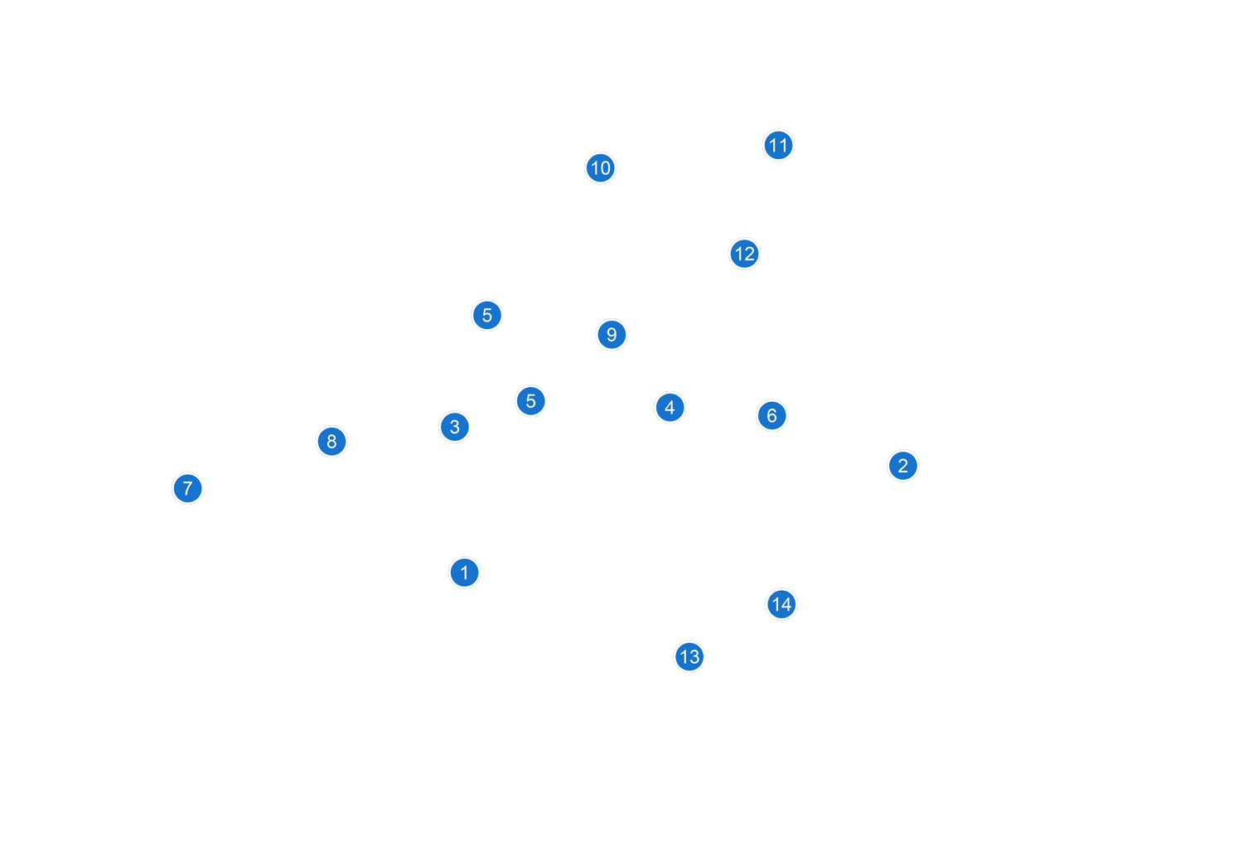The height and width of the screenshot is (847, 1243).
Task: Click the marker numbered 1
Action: [x=464, y=573]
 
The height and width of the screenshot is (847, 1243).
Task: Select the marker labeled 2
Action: [x=902, y=466]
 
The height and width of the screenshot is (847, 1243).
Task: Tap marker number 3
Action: [x=454, y=427]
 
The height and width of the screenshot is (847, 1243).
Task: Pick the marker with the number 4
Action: [x=670, y=408]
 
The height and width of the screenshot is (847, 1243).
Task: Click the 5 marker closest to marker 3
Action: [x=530, y=401]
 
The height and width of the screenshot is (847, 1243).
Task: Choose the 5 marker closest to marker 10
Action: [x=486, y=315]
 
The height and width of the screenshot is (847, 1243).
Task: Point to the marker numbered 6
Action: [x=771, y=415]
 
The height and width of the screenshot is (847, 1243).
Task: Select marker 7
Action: [x=187, y=488]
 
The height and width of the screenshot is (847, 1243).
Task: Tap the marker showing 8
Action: [x=331, y=442]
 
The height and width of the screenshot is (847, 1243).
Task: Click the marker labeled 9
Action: [x=612, y=335]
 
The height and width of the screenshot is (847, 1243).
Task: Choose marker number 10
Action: [x=600, y=168]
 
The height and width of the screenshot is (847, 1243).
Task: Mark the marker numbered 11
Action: [x=778, y=146]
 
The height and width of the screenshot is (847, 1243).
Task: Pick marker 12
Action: [x=744, y=254]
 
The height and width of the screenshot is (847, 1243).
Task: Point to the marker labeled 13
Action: [x=689, y=657]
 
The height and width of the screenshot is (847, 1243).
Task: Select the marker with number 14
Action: [x=781, y=605]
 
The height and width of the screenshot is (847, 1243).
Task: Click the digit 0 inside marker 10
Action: [x=606, y=168]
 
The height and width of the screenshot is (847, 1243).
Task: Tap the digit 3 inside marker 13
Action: [x=694, y=657]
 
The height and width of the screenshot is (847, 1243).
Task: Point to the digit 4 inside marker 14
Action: [x=786, y=605]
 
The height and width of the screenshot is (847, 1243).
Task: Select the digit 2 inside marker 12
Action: [x=750, y=254]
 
